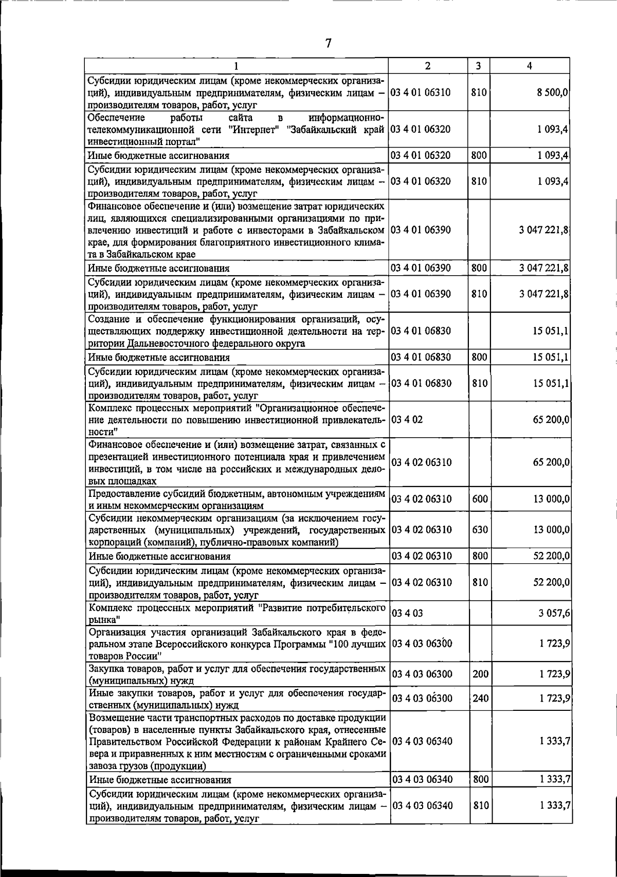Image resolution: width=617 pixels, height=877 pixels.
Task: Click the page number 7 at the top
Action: [328, 44]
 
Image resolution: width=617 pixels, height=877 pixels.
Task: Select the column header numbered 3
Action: [478, 66]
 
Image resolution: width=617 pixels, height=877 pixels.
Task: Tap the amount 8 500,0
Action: [551, 93]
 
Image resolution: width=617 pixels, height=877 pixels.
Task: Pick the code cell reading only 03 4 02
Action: [407, 420]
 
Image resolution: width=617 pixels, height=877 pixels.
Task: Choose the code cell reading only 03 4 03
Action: [407, 613]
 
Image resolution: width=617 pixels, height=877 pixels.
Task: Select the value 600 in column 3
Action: [480, 499]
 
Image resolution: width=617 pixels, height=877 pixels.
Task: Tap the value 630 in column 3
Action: [480, 530]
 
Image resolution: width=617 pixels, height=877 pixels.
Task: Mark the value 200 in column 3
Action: [480, 674]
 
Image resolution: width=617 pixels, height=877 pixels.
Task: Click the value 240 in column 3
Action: [480, 699]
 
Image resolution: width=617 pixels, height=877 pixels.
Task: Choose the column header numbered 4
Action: [530, 66]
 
